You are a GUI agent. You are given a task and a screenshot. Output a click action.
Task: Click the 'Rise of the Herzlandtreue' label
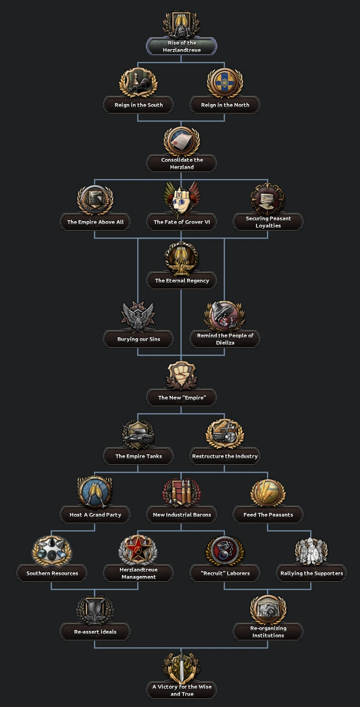[x=182, y=46]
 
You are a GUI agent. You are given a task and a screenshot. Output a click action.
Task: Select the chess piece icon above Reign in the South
[x=138, y=83]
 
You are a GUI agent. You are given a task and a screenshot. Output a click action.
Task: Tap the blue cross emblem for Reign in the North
[x=224, y=83]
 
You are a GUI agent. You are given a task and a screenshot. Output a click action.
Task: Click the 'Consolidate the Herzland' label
[x=182, y=163]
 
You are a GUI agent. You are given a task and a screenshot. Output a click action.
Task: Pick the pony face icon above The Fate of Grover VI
[x=182, y=200]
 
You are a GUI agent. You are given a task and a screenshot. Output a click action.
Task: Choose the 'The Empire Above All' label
[x=95, y=222]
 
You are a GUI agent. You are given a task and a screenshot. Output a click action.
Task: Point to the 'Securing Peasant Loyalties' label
[x=268, y=222]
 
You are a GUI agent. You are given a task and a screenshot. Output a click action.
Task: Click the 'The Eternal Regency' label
[x=182, y=281]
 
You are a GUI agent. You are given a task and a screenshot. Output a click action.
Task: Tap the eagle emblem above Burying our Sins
[x=138, y=317]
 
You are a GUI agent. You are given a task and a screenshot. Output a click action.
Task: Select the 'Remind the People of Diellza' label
[x=225, y=339]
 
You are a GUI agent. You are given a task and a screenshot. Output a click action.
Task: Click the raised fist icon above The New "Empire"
[x=182, y=375]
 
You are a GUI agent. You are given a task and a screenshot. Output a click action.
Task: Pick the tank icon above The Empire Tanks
[x=138, y=434]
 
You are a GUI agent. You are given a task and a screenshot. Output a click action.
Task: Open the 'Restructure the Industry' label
[x=225, y=456]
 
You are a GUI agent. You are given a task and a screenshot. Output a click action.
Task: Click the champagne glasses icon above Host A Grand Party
[x=95, y=493]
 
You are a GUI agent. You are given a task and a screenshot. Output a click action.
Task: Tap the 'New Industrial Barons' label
[x=182, y=515]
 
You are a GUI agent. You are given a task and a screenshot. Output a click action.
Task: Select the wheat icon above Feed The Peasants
[x=268, y=493]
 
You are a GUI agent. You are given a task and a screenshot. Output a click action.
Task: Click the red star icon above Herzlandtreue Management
[x=138, y=550]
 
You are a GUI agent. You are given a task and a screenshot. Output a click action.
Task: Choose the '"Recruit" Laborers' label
[x=225, y=573]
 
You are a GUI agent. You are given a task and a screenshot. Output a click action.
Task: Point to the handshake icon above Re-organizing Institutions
[x=268, y=610]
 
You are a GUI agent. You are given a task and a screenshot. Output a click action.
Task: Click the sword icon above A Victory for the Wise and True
[x=182, y=668]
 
